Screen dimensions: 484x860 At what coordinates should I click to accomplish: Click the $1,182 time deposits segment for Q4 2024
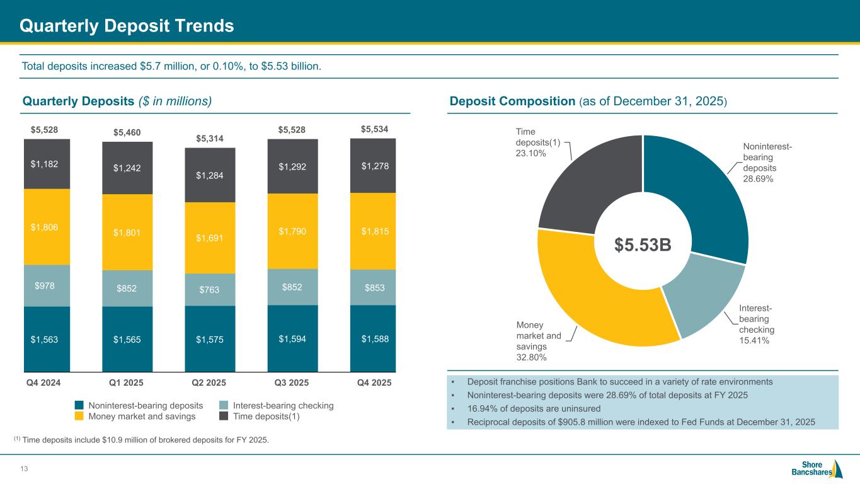coord(47,164)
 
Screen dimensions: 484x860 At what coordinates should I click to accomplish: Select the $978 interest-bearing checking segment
coord(47,285)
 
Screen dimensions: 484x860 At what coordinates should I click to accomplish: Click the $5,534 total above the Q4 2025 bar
coord(374,129)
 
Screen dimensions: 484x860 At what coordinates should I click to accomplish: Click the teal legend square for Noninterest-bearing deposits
coord(79,406)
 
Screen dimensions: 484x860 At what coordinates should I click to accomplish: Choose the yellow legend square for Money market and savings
coord(79,417)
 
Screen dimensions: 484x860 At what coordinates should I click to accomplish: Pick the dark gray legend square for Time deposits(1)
coord(224,417)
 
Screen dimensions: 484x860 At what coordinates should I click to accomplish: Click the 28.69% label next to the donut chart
coord(759,179)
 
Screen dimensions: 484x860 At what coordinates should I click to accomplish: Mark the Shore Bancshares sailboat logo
coord(837,469)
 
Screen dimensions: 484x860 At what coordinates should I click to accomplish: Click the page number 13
coord(25,468)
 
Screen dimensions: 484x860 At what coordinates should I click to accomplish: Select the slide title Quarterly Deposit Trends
coord(127,26)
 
